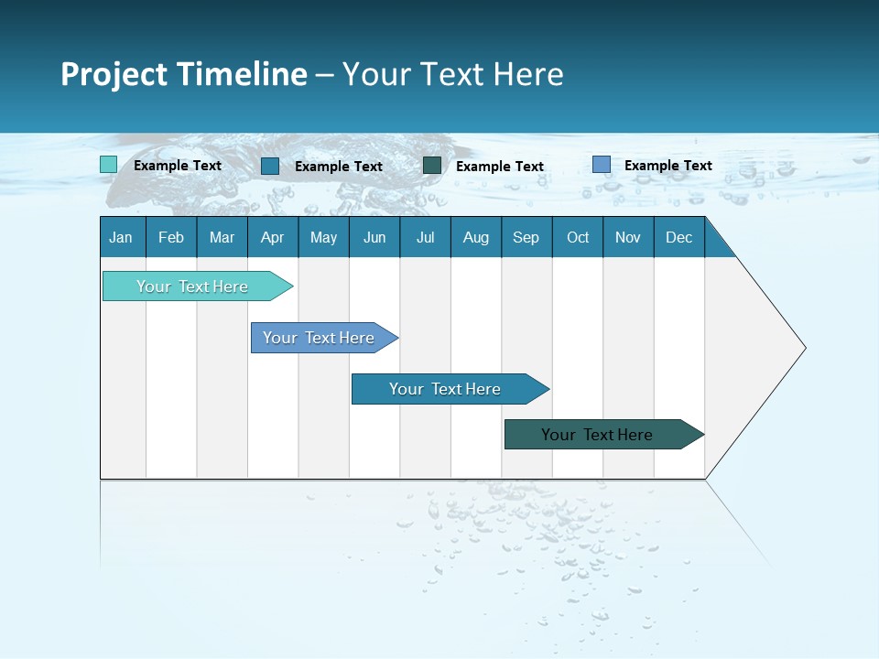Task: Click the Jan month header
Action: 121,237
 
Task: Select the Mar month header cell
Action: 222,237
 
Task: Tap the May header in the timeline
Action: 323,237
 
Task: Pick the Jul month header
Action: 425,237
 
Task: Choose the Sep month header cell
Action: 526,237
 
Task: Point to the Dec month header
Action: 678,237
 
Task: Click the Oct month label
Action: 578,237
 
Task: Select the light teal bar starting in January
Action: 192,286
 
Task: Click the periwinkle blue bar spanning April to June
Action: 319,338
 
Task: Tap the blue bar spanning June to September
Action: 445,389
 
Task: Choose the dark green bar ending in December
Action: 597,435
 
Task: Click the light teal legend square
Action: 109,165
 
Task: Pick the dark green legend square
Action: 432,166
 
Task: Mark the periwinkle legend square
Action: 601,165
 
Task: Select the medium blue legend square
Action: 270,166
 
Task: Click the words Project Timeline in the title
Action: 183,74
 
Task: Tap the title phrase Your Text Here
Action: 452,74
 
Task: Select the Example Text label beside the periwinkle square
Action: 667,166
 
